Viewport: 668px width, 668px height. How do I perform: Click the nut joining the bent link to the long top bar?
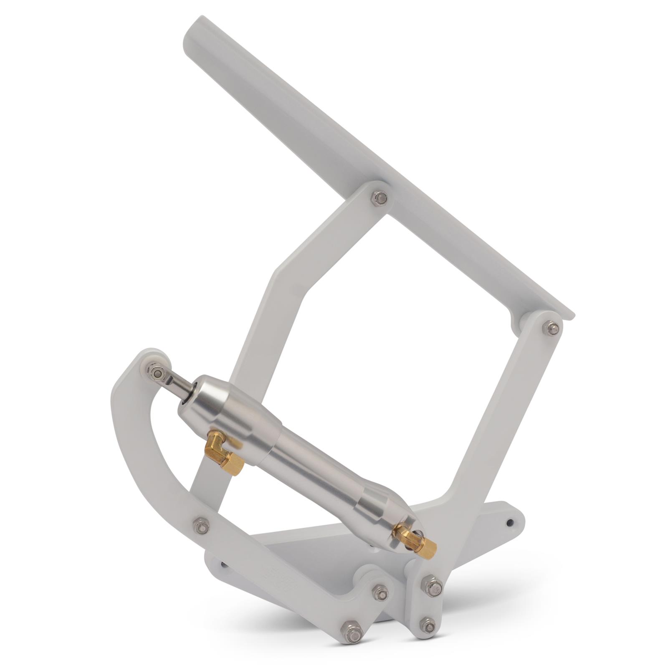[379, 198]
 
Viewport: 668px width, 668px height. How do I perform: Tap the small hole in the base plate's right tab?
[510, 522]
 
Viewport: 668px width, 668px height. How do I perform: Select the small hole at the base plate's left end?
[225, 566]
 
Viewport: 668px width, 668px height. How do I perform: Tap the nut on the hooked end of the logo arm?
[380, 593]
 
